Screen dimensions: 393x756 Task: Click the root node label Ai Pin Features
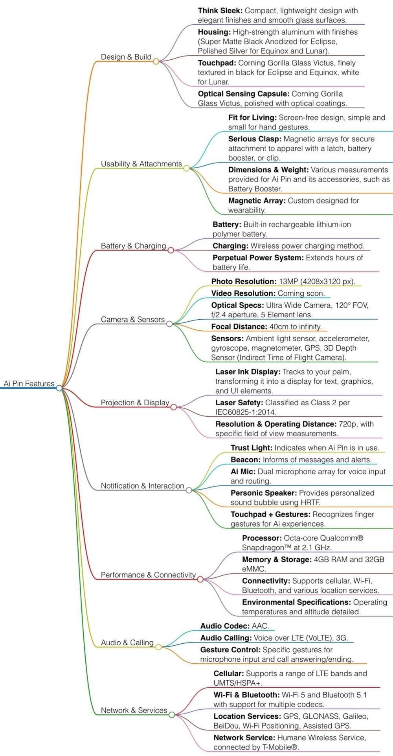coord(29,384)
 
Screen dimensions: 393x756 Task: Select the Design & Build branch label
coord(126,57)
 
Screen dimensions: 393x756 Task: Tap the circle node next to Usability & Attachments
coord(187,168)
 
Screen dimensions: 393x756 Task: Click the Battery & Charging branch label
coord(134,246)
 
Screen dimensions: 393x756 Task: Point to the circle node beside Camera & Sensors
coord(169,324)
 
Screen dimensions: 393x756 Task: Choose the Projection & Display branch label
coord(135,403)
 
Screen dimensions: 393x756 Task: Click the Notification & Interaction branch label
coord(142,486)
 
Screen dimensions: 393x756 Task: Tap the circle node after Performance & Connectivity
coord(200,579)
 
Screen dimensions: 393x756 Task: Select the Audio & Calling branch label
coord(127,643)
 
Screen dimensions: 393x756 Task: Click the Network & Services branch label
coord(134,710)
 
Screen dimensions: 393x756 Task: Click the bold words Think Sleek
coord(220,11)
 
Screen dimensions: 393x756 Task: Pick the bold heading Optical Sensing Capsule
coord(244,94)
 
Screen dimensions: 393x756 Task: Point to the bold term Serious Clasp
coord(255,139)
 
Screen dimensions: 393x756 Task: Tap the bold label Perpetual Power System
coord(258,258)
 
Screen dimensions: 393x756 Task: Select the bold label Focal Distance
coord(239,327)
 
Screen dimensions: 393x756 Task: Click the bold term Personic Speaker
coord(264,493)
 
